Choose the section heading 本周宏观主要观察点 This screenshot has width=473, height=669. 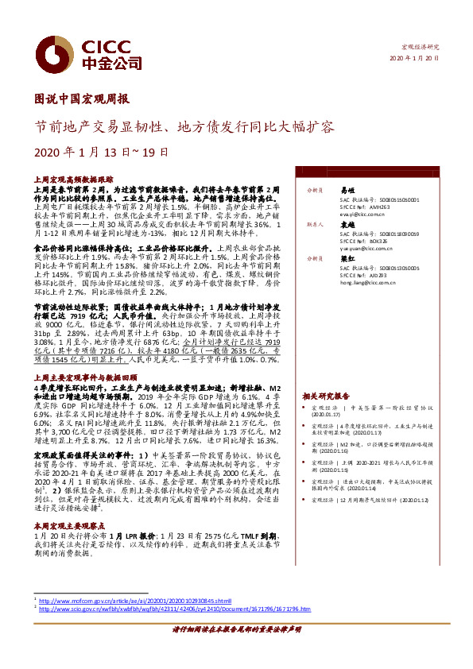pos(69,505)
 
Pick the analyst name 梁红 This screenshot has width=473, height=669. pos(347,258)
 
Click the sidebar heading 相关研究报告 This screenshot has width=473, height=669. pos(326,395)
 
